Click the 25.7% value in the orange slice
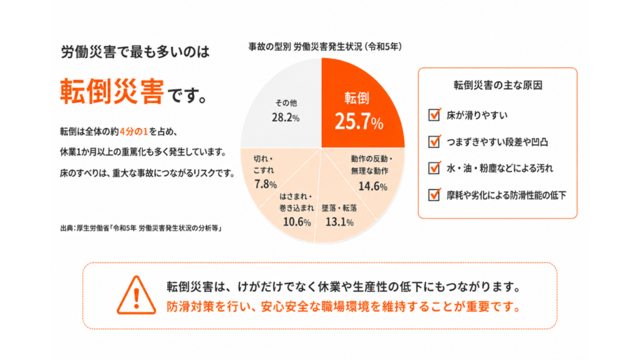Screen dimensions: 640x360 point(359,122)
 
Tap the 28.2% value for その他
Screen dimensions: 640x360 point(286,118)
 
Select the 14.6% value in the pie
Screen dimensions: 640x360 point(373,186)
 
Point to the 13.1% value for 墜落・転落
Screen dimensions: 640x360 point(339,222)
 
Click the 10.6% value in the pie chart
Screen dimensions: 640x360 point(296,222)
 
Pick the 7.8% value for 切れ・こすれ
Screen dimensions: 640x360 point(265,184)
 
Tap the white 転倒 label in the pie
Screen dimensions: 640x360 point(357,98)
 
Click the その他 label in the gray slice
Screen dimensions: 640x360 point(286,103)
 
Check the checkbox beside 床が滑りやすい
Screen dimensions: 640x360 point(434,115)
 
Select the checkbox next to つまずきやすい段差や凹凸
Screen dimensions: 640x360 point(434,141)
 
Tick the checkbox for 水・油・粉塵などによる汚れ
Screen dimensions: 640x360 point(434,168)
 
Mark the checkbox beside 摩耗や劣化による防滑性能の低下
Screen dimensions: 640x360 point(434,195)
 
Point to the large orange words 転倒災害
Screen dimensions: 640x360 point(112,91)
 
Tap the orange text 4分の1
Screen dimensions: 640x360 point(134,131)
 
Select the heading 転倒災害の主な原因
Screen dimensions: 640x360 point(498,85)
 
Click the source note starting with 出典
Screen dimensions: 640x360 point(141,228)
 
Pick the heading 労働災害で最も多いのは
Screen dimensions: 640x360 point(135,52)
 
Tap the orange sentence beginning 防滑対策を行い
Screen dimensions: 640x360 point(344,306)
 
